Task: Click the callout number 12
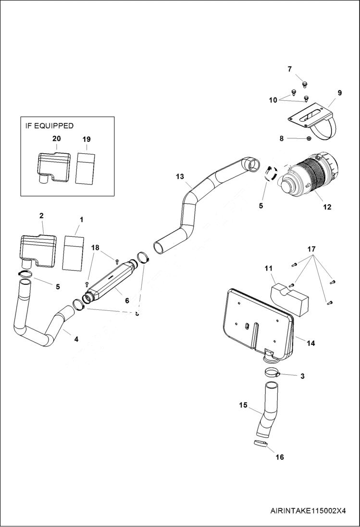point(327,207)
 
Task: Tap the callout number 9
point(339,93)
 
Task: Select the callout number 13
point(180,177)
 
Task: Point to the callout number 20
point(56,138)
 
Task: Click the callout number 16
point(279,457)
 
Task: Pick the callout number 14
point(310,343)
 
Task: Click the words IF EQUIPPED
point(50,126)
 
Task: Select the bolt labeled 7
point(304,84)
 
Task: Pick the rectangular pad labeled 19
point(86,168)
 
